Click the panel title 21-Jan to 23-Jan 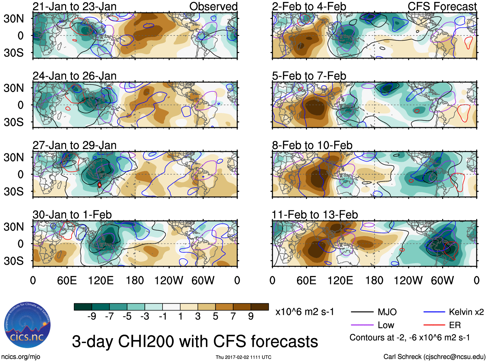(75, 6)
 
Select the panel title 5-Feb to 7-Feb (309, 76)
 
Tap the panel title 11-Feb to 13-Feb (315, 215)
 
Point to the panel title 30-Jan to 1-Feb (72, 215)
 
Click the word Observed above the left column (213, 6)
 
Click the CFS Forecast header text (442, 6)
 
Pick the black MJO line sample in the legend (362, 312)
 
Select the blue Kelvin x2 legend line (434, 312)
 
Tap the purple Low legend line (362, 325)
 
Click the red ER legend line (434, 325)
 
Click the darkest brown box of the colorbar (260, 307)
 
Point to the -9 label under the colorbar (92, 316)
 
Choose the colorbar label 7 (233, 316)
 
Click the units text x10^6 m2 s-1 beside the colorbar (305, 312)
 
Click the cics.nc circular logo (27, 325)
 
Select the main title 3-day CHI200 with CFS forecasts (195, 341)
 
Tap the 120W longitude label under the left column (169, 280)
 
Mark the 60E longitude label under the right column (306, 280)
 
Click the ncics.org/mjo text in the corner (21, 357)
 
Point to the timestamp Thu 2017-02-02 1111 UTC (244, 357)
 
